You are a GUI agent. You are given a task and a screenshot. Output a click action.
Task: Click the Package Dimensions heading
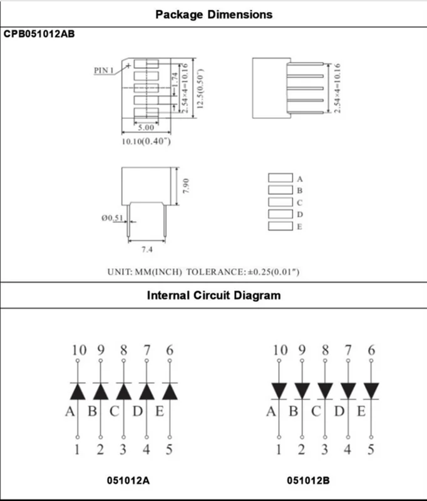click(x=213, y=14)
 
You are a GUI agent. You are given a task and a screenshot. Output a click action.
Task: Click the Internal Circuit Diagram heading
click(x=213, y=295)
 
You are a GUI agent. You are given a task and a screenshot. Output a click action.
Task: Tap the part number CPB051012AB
click(x=39, y=34)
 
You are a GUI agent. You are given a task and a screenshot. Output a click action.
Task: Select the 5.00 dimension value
click(x=146, y=127)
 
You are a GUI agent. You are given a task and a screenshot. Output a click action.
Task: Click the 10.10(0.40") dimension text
click(x=146, y=142)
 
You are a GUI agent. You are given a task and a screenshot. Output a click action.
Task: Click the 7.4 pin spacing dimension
click(x=147, y=249)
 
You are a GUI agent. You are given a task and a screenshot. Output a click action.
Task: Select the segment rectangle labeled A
click(x=280, y=178)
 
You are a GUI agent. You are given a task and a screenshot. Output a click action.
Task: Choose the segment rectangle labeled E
click(x=280, y=226)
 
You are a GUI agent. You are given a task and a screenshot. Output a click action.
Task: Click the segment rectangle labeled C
click(x=280, y=202)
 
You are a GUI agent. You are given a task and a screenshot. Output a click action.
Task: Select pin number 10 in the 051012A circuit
click(x=78, y=351)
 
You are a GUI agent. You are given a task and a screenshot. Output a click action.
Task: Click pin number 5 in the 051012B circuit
click(x=371, y=450)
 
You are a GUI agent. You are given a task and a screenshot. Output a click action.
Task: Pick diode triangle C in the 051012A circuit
click(x=123, y=391)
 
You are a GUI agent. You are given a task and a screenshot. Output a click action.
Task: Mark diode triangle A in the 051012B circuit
click(x=279, y=390)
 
